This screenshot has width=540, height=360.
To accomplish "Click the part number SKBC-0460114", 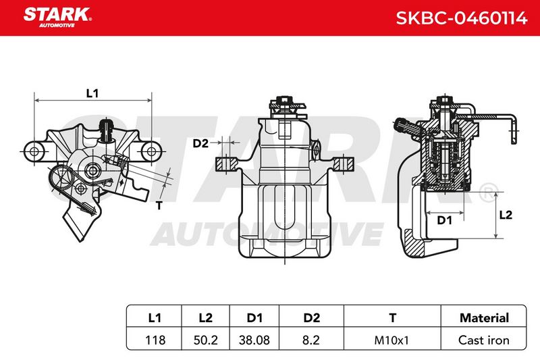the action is [x=462, y=18].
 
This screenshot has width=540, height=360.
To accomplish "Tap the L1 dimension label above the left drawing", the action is [x=92, y=93].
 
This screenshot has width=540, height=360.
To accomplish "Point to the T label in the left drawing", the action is [x=159, y=205].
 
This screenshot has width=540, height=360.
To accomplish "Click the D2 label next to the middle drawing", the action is [x=200, y=143].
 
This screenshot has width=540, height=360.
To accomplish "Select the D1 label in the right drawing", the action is [x=444, y=220].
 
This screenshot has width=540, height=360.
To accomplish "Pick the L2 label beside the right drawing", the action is [x=506, y=215].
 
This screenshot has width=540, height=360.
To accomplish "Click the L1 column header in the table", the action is [x=155, y=317].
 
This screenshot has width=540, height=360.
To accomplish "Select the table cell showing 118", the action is [x=155, y=340].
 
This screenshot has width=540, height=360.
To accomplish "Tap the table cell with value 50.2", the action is [x=206, y=340].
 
